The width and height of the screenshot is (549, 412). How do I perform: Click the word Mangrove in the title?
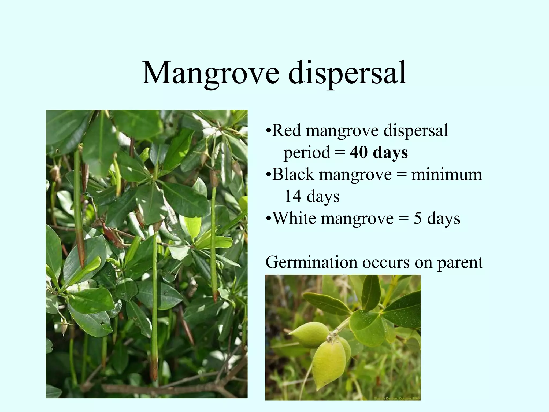click(210, 73)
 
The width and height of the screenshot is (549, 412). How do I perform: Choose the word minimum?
click(447, 174)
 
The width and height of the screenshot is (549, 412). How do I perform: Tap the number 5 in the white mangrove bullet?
click(417, 218)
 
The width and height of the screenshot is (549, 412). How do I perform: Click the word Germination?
click(311, 262)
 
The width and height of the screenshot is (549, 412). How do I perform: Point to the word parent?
click(460, 263)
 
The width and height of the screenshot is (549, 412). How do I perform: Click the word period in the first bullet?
click(307, 153)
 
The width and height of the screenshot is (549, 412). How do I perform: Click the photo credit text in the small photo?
click(397, 399)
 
